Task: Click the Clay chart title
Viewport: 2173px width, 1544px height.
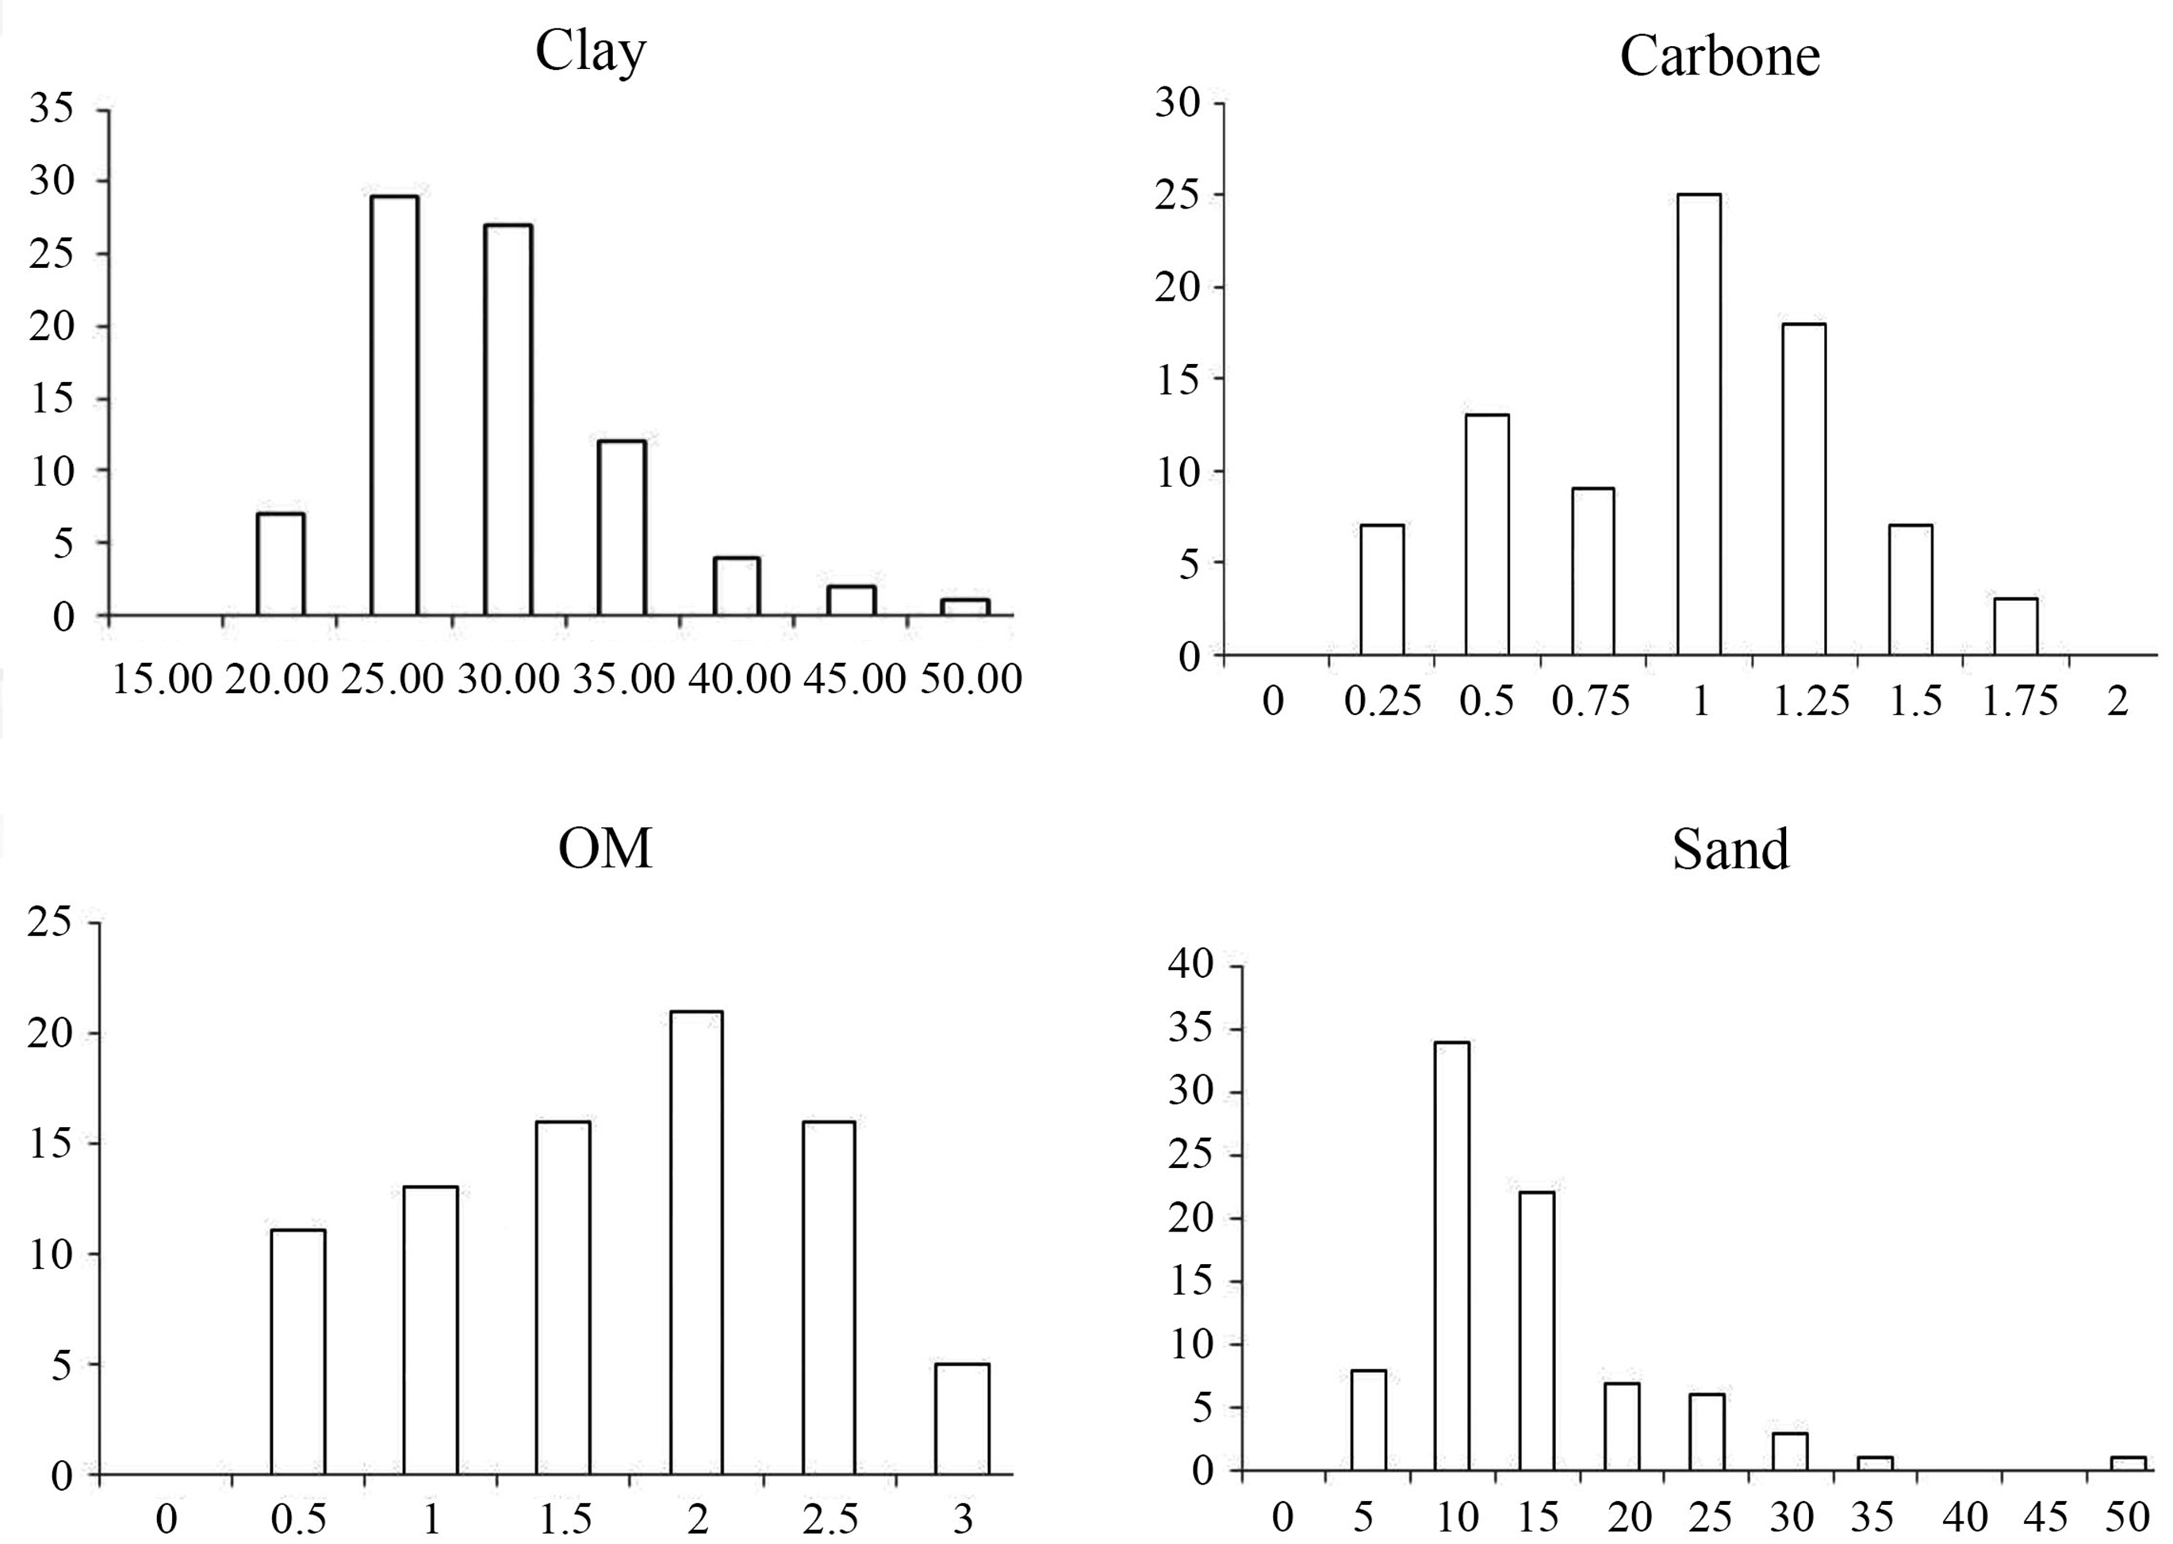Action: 590,52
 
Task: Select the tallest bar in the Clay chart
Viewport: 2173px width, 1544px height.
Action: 393,406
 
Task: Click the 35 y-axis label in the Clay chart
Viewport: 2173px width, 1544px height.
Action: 52,109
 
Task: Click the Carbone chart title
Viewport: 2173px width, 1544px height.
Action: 1719,56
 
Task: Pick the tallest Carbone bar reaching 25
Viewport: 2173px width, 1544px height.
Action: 1699,424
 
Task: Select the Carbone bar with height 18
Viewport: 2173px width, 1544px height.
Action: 1803,488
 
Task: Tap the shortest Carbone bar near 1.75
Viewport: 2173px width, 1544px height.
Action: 2015,626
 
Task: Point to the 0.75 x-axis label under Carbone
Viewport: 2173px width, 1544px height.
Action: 1590,702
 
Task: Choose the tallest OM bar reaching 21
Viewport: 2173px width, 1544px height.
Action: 696,1243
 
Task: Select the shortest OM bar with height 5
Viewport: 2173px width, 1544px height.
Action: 962,1419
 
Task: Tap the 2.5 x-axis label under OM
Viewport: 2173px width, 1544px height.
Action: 830,1519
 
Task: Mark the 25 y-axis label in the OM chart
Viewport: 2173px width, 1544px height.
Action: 51,922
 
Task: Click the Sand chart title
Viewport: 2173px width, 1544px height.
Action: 1730,849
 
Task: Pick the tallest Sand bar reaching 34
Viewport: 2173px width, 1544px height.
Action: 1451,1256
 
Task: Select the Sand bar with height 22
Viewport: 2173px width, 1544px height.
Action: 1536,1331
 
